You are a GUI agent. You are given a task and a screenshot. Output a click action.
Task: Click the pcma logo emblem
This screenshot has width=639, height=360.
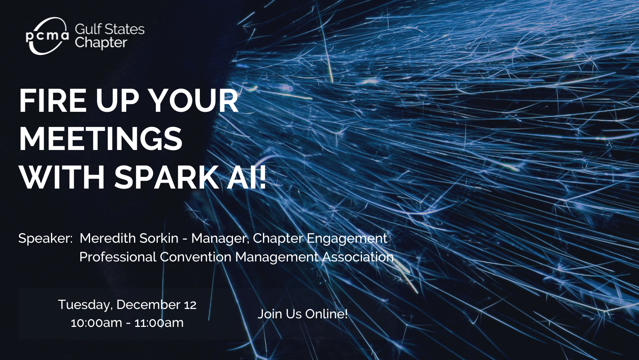click(x=48, y=36)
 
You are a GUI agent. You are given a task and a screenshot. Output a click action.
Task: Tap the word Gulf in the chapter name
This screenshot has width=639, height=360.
click(x=87, y=29)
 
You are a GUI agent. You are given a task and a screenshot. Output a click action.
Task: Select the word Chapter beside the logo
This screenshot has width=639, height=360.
click(x=101, y=43)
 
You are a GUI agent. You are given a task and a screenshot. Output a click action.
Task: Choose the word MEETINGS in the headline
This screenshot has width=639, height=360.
click(x=101, y=139)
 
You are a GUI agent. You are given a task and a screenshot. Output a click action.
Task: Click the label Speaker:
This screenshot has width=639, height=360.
click(x=46, y=238)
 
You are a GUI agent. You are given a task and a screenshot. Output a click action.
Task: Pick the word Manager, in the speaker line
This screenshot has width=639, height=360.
click(x=220, y=239)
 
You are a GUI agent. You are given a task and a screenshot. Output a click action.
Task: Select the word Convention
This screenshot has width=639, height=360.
click(x=196, y=257)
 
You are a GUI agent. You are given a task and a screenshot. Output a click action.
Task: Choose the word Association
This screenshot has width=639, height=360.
click(x=358, y=257)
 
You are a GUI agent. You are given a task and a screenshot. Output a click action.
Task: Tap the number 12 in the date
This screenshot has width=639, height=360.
click(x=190, y=305)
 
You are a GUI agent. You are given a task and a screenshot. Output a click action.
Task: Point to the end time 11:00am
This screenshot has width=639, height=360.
click(x=159, y=323)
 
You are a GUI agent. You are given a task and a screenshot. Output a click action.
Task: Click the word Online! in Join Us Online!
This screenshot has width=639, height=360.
click(x=327, y=314)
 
